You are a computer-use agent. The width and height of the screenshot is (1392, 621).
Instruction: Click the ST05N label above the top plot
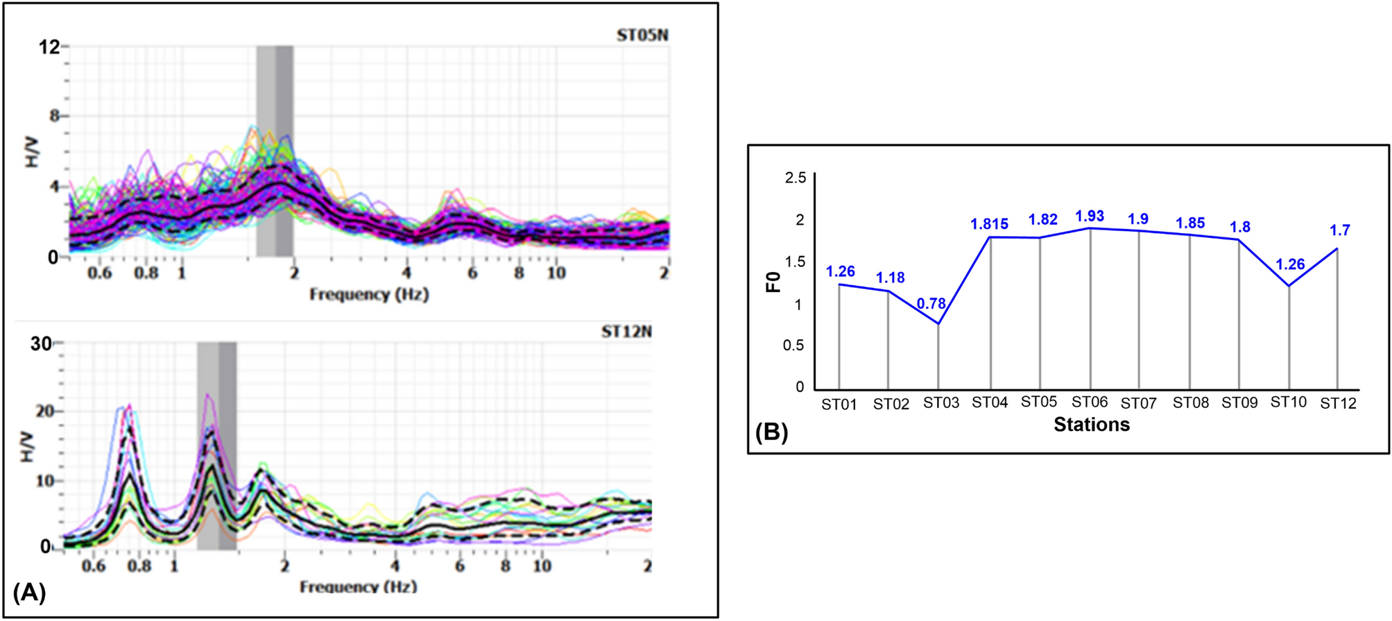(642, 35)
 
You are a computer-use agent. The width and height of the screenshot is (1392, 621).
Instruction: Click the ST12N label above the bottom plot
(626, 332)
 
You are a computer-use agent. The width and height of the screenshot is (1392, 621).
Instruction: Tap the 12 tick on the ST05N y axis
(49, 47)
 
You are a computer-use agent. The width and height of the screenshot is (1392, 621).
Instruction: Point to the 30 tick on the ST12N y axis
(41, 343)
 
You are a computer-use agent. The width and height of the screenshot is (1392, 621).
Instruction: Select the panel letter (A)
(30, 593)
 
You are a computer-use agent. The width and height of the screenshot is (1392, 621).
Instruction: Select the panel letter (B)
(771, 433)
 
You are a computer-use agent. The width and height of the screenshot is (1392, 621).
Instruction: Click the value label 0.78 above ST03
(931, 304)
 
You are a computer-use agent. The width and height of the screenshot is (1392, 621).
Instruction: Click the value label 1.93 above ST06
(1089, 216)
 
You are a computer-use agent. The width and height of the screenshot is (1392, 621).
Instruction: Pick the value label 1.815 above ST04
(989, 224)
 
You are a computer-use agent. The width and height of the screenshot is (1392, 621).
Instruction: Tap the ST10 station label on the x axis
(1288, 402)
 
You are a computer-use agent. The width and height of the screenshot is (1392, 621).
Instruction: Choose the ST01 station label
(839, 405)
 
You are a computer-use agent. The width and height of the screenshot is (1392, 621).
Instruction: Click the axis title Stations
(1091, 425)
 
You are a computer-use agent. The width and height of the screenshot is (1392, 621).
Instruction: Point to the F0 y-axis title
(773, 282)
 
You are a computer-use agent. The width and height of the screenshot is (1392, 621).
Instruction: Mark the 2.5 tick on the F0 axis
(795, 178)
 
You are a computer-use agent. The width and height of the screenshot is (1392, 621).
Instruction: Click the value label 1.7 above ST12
(1339, 230)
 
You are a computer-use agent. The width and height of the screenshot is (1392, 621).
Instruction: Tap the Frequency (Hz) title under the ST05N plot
(369, 294)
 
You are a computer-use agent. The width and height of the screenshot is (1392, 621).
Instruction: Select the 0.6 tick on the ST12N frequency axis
(94, 566)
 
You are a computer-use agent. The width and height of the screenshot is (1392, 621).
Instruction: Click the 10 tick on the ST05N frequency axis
(556, 273)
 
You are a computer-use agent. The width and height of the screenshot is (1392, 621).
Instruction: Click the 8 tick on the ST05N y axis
(54, 116)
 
